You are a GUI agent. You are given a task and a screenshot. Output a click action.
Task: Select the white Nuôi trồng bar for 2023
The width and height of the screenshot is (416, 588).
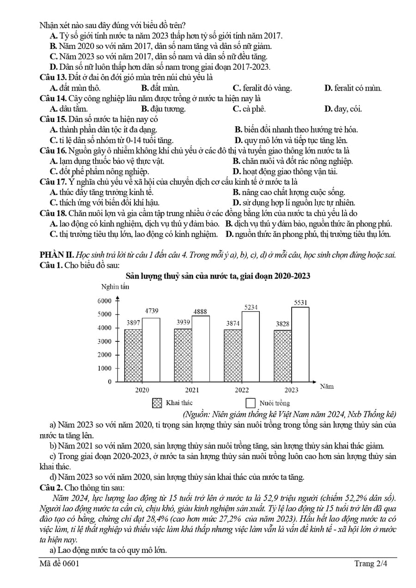300,344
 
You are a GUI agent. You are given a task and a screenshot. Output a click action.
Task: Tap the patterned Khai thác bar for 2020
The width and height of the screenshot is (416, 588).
133,355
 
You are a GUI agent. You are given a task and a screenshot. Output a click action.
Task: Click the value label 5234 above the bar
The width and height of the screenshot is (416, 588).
251,307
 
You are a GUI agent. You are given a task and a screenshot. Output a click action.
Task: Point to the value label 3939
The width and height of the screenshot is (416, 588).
183,322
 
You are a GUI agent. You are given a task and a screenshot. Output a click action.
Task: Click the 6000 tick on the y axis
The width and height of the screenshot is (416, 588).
104,301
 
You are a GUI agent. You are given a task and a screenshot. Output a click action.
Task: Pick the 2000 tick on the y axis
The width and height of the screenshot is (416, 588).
104,355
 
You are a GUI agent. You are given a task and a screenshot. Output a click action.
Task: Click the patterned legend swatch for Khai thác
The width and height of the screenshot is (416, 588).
157,403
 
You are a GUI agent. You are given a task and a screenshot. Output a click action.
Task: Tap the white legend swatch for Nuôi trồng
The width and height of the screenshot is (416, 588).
251,403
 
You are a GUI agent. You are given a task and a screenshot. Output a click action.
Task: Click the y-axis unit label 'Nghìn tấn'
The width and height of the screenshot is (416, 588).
115,286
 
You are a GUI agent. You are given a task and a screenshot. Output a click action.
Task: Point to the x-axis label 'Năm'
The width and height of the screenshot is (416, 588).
327,386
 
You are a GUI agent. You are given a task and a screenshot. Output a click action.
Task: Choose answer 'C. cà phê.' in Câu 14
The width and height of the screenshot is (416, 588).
249,109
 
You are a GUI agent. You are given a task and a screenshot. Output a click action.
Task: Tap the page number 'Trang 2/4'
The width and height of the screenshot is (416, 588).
371,564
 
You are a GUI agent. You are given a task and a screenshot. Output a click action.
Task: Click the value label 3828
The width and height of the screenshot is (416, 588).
282,324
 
